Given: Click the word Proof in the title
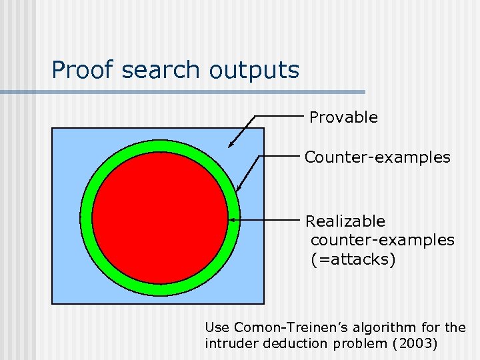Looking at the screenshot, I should [x=79, y=69].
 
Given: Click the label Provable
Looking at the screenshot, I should [x=343, y=117].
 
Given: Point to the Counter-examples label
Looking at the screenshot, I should [x=377, y=157].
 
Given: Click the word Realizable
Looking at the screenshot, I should [x=345, y=221].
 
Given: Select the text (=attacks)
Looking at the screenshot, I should [x=353, y=259].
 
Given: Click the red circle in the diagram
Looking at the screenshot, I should [x=160, y=218].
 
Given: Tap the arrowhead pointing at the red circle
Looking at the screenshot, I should [x=232, y=219].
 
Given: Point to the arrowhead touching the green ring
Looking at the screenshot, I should [x=239, y=189].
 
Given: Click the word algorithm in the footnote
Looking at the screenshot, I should [x=373, y=327].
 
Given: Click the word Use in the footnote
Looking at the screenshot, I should [x=217, y=327].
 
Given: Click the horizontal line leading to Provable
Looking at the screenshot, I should [x=279, y=116].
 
